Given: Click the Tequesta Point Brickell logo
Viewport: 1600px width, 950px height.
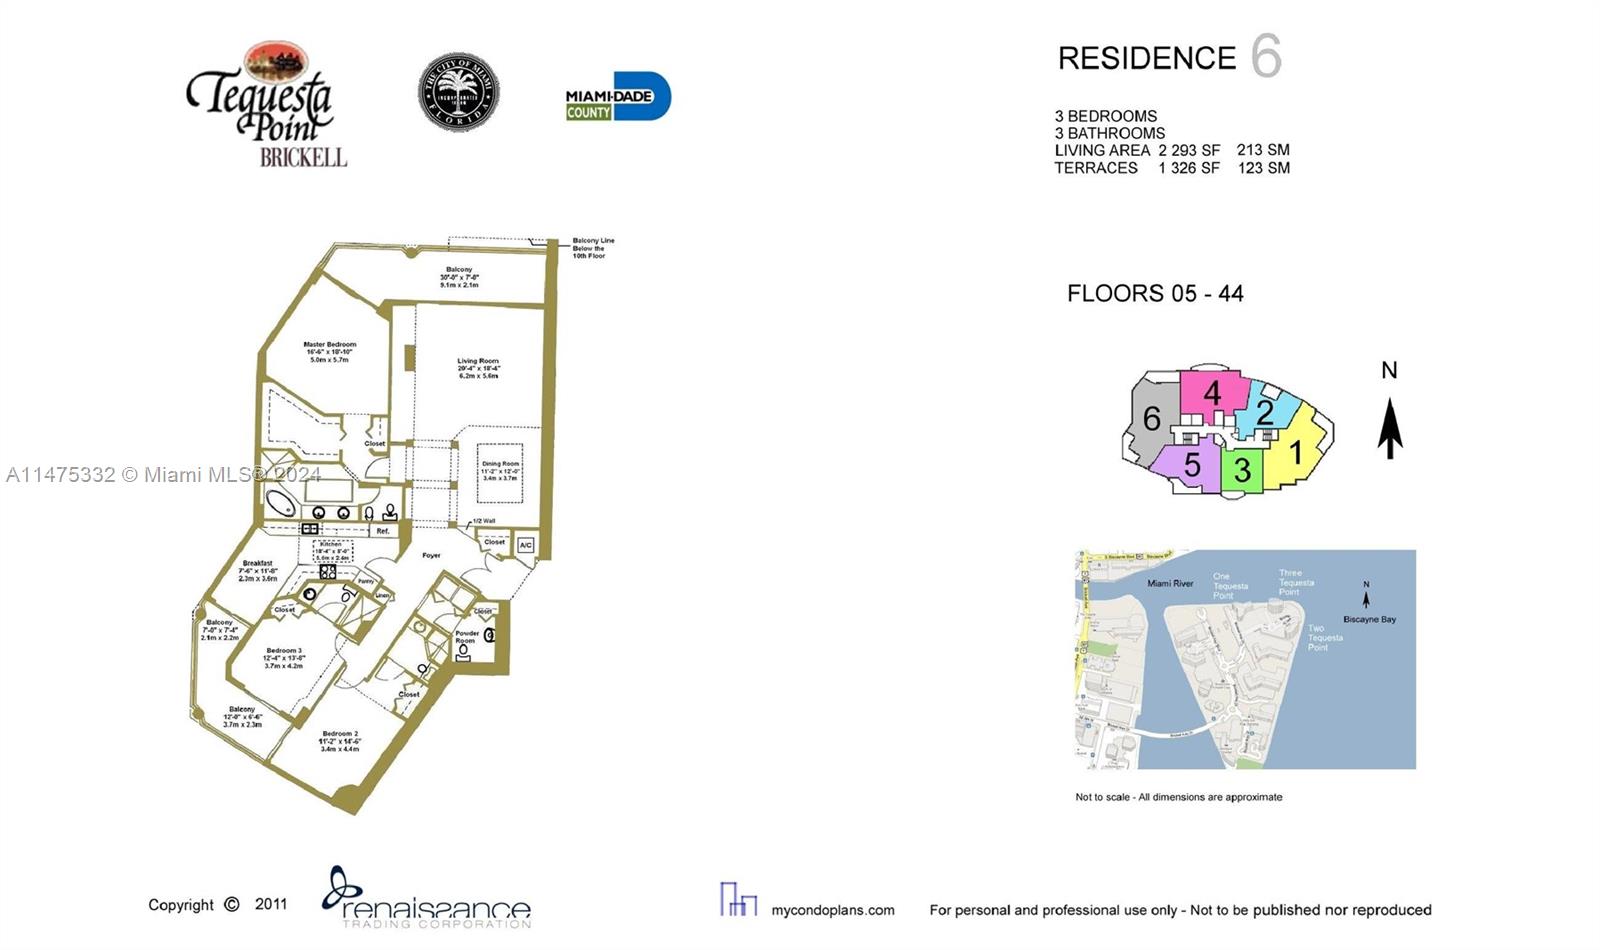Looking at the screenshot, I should [266, 105].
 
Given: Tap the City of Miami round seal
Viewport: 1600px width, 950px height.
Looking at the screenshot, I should [458, 92].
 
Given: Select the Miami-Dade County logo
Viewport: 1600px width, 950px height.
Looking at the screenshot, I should [617, 97].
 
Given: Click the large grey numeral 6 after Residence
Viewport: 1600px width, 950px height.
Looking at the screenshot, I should [1266, 56].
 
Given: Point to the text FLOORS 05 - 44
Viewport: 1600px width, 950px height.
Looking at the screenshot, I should [1155, 294].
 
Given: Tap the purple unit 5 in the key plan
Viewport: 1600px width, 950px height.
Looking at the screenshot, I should [1190, 466].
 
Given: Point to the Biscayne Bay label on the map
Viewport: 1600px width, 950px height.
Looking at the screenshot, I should [1369, 620].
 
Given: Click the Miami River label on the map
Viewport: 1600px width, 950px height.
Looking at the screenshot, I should [1170, 583].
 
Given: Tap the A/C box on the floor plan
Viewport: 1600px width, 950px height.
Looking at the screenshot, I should [526, 545].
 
